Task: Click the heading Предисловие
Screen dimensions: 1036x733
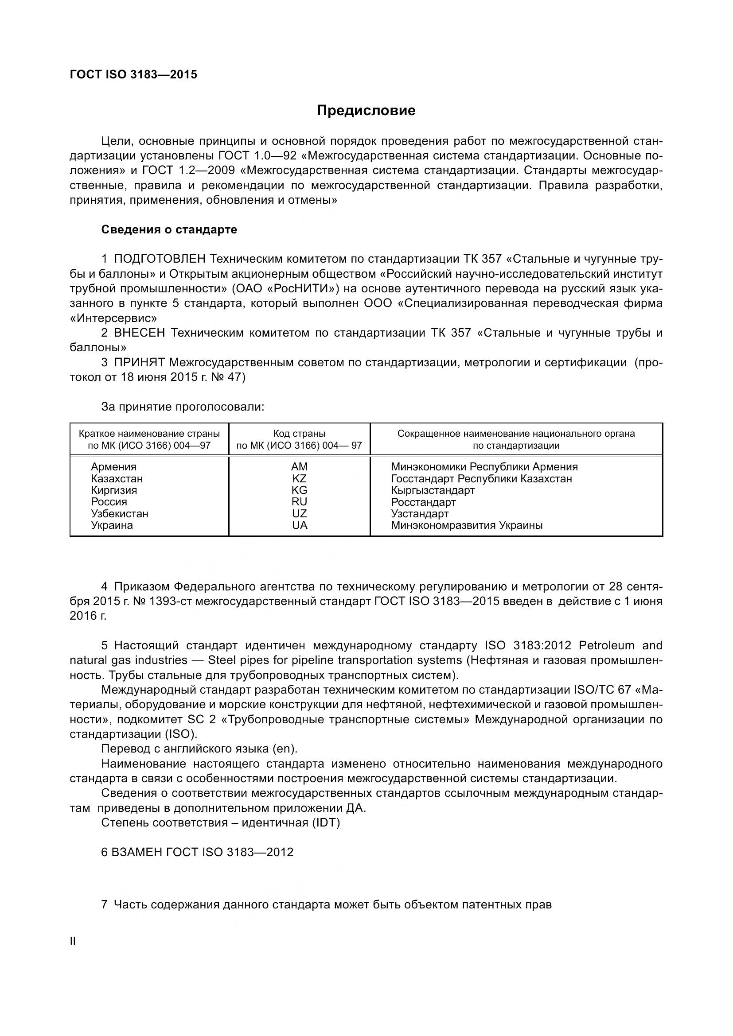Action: (x=366, y=111)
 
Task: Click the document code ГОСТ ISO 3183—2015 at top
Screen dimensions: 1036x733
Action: (x=133, y=75)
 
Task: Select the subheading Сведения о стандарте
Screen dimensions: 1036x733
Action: (x=169, y=230)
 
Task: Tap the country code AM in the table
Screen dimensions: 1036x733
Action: (x=299, y=466)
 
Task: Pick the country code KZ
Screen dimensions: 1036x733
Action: (x=299, y=478)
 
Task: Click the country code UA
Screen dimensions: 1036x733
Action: (x=299, y=525)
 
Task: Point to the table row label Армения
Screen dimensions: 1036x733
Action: (x=113, y=466)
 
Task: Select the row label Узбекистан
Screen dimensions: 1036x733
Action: (x=119, y=513)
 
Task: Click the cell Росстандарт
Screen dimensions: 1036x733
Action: (x=423, y=502)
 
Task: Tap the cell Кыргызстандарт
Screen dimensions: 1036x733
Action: (x=433, y=490)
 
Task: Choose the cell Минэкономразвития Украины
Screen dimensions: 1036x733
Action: (x=466, y=525)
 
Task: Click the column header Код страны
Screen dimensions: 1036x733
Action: (x=299, y=434)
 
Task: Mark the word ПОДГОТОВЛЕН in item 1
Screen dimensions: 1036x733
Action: (x=160, y=259)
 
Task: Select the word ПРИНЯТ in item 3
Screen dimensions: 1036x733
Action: (x=140, y=362)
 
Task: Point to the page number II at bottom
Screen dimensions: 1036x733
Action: (x=73, y=941)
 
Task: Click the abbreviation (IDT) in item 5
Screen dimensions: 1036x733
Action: (x=324, y=823)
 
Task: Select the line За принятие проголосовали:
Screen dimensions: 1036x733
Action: (x=182, y=407)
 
